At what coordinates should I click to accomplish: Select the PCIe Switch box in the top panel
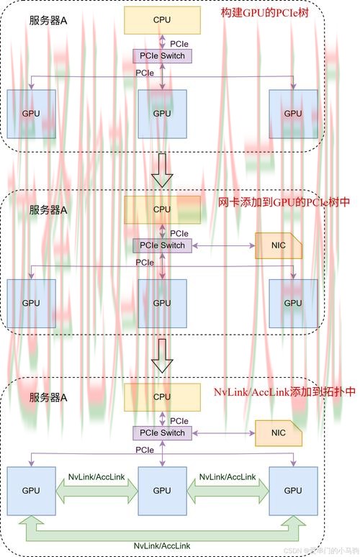(x=162, y=55)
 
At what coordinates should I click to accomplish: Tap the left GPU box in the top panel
(x=31, y=114)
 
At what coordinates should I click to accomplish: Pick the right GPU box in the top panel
(x=293, y=114)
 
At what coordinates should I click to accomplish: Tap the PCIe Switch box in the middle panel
(x=162, y=245)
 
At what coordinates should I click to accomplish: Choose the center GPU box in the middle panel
(x=162, y=303)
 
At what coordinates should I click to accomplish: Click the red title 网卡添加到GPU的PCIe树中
(x=284, y=202)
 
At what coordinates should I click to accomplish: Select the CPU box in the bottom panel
(x=162, y=397)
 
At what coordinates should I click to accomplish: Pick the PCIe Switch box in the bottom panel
(x=162, y=433)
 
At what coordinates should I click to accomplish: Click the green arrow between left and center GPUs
(x=96, y=491)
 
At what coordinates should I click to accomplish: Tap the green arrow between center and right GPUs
(x=228, y=491)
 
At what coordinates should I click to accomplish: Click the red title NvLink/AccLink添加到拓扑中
(x=285, y=392)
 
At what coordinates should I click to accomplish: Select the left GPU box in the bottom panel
(x=31, y=490)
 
